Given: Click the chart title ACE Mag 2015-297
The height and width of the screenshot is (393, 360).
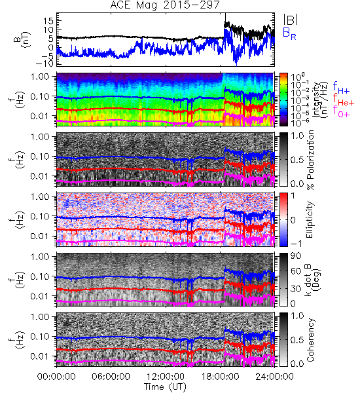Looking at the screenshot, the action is (165, 5).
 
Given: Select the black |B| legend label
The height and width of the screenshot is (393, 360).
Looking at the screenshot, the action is (291, 19).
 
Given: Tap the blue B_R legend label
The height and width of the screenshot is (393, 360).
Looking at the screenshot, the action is (289, 33).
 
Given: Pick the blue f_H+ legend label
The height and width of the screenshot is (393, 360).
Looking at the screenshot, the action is (341, 88).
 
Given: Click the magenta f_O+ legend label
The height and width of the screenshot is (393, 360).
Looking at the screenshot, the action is (341, 112).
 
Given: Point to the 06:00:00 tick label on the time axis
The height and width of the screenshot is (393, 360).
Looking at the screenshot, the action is (111, 377).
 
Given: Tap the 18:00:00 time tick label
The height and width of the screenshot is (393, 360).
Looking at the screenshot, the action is (220, 377).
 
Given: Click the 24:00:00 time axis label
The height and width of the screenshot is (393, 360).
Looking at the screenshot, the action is (274, 377).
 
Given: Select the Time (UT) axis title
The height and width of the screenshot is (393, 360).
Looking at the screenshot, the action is (165, 387).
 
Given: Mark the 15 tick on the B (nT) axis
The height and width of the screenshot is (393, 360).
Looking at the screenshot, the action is (48, 21).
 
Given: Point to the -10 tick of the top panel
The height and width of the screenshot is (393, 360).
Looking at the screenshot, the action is (45, 64).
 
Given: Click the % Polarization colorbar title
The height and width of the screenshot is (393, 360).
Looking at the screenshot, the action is (310, 160).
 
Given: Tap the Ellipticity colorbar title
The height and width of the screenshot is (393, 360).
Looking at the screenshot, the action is (310, 219).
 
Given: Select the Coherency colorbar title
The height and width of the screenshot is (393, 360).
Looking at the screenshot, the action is (310, 339).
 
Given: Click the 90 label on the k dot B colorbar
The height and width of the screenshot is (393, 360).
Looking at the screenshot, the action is (296, 255).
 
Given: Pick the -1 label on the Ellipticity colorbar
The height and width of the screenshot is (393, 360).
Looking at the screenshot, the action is (295, 243).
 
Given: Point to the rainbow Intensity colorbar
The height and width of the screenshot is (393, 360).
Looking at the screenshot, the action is (283, 100).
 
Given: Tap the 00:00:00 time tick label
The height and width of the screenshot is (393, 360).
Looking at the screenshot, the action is (56, 377).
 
